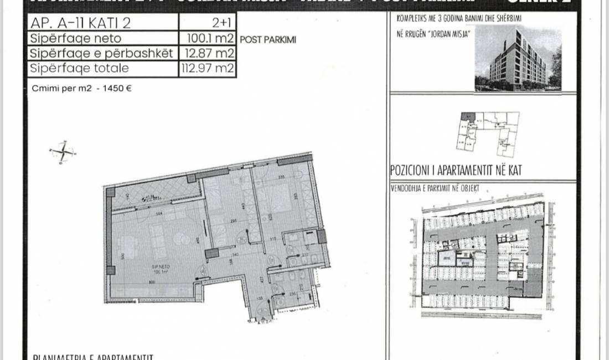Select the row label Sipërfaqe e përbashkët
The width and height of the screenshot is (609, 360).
click(x=101, y=54)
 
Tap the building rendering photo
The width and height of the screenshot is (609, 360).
click(x=518, y=58)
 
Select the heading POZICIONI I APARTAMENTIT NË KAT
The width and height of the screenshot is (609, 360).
click(x=456, y=171)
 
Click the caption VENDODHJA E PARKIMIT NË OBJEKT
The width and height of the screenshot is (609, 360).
click(x=435, y=188)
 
